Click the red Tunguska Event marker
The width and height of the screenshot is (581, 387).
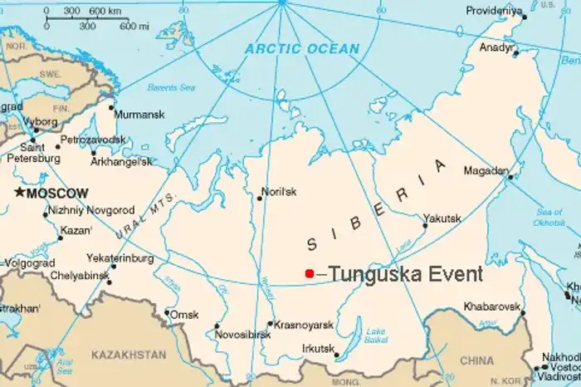coord(309,273)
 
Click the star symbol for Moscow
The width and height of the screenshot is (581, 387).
coord(19,193)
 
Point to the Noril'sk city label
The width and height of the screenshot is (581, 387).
coord(279,191)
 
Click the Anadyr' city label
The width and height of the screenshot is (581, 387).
coord(496,47)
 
